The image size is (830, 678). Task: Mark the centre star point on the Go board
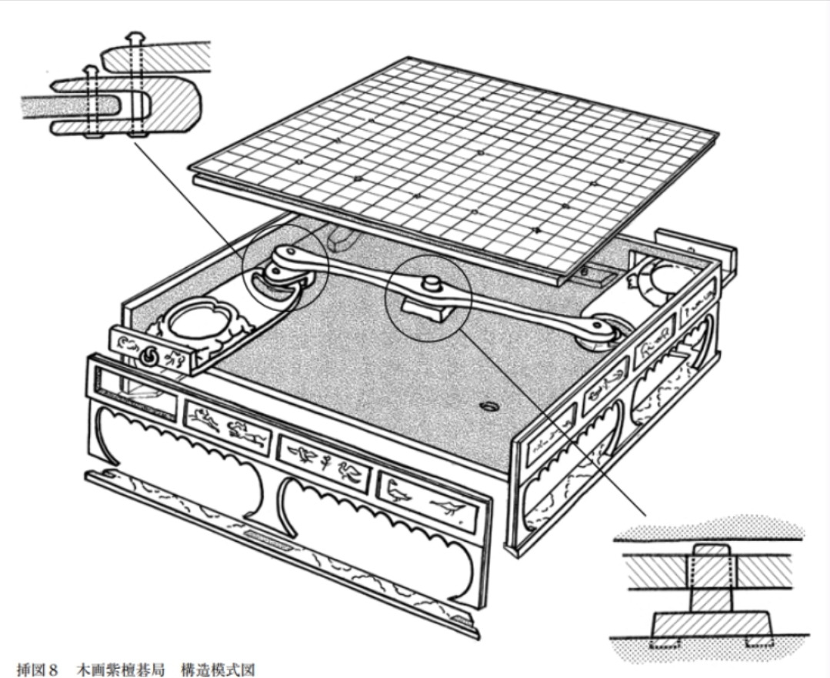[481, 153]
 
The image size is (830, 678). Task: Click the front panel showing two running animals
[227, 426]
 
